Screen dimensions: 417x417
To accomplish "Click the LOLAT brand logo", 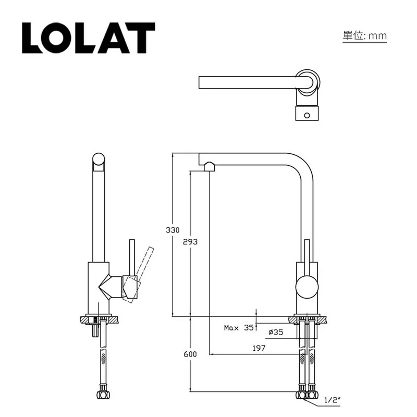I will [x=88, y=38].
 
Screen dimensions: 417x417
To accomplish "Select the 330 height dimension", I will [x=173, y=229].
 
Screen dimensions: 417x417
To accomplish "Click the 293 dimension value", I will [x=190, y=242].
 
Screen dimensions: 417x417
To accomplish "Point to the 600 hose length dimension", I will [x=190, y=354].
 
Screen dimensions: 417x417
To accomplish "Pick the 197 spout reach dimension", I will [x=259, y=348].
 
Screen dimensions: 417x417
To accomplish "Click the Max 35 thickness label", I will [x=238, y=328].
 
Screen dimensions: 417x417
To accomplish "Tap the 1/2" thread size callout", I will [x=332, y=400].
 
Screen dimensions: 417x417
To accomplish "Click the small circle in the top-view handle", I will [x=307, y=114].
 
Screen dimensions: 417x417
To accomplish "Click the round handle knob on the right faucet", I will [x=306, y=288].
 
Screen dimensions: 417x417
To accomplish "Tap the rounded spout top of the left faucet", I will [x=99, y=161].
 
